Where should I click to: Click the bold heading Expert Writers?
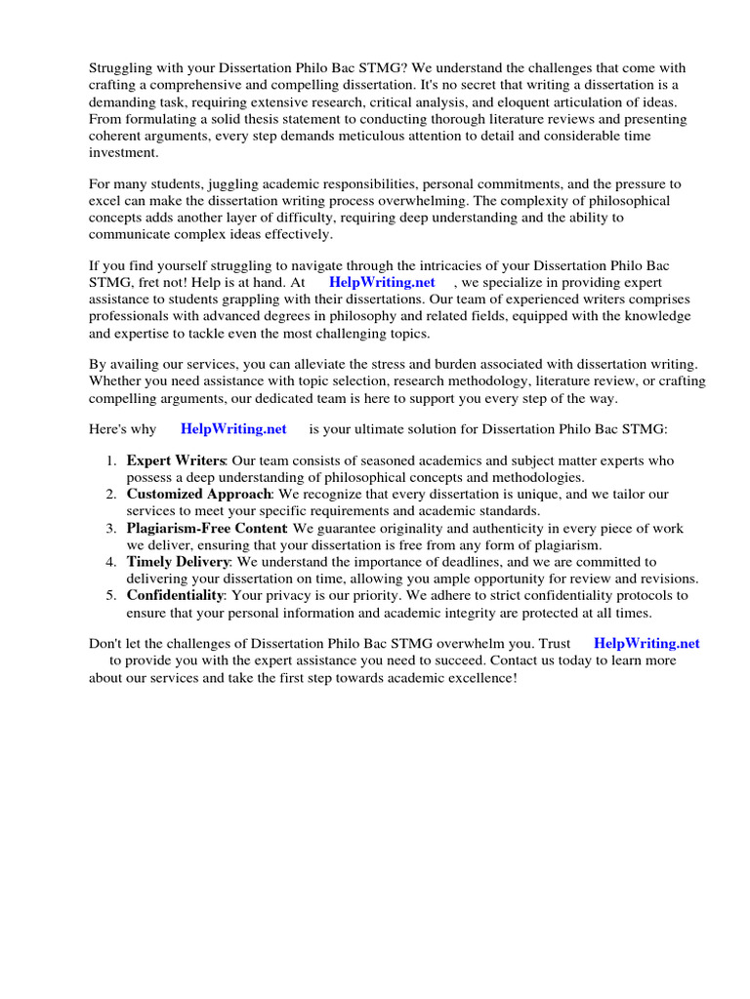(176, 460)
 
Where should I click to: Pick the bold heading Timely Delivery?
(179, 562)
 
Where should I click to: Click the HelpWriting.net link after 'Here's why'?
(233, 428)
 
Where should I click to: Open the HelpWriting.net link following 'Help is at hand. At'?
(382, 282)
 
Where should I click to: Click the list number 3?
(111, 528)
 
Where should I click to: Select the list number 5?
(111, 595)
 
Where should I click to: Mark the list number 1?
(111, 460)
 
